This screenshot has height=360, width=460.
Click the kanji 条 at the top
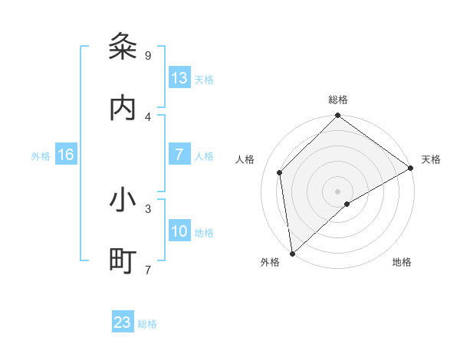pyautogui.click(x=123, y=47)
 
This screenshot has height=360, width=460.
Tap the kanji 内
pyautogui.click(x=123, y=109)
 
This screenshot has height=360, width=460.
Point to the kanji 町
pyautogui.click(x=123, y=261)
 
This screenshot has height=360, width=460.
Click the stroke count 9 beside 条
pyautogui.click(x=147, y=55)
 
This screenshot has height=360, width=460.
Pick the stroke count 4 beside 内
pyautogui.click(x=147, y=116)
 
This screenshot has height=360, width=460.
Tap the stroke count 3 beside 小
pyautogui.click(x=147, y=208)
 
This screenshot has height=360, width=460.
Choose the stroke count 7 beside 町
pyautogui.click(x=147, y=269)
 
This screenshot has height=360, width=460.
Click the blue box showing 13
pyautogui.click(x=179, y=78)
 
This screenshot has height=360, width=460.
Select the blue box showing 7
pyautogui.click(x=179, y=155)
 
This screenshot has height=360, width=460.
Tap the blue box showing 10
pyautogui.click(x=179, y=231)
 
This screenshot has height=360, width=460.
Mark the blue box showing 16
pyautogui.click(x=66, y=155)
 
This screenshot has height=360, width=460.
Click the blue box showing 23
pyautogui.click(x=123, y=322)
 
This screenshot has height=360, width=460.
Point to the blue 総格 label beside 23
pyautogui.click(x=147, y=324)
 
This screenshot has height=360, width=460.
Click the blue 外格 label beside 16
pyautogui.click(x=41, y=156)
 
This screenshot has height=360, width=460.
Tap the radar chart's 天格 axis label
pyautogui.click(x=431, y=159)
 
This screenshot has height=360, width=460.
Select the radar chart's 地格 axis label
pyautogui.click(x=402, y=262)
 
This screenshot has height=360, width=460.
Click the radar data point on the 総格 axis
pyautogui.click(x=337, y=116)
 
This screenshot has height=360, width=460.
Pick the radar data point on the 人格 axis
pyautogui.click(x=280, y=172)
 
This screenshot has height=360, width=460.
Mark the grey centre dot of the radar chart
pyautogui.click(x=337, y=191)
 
